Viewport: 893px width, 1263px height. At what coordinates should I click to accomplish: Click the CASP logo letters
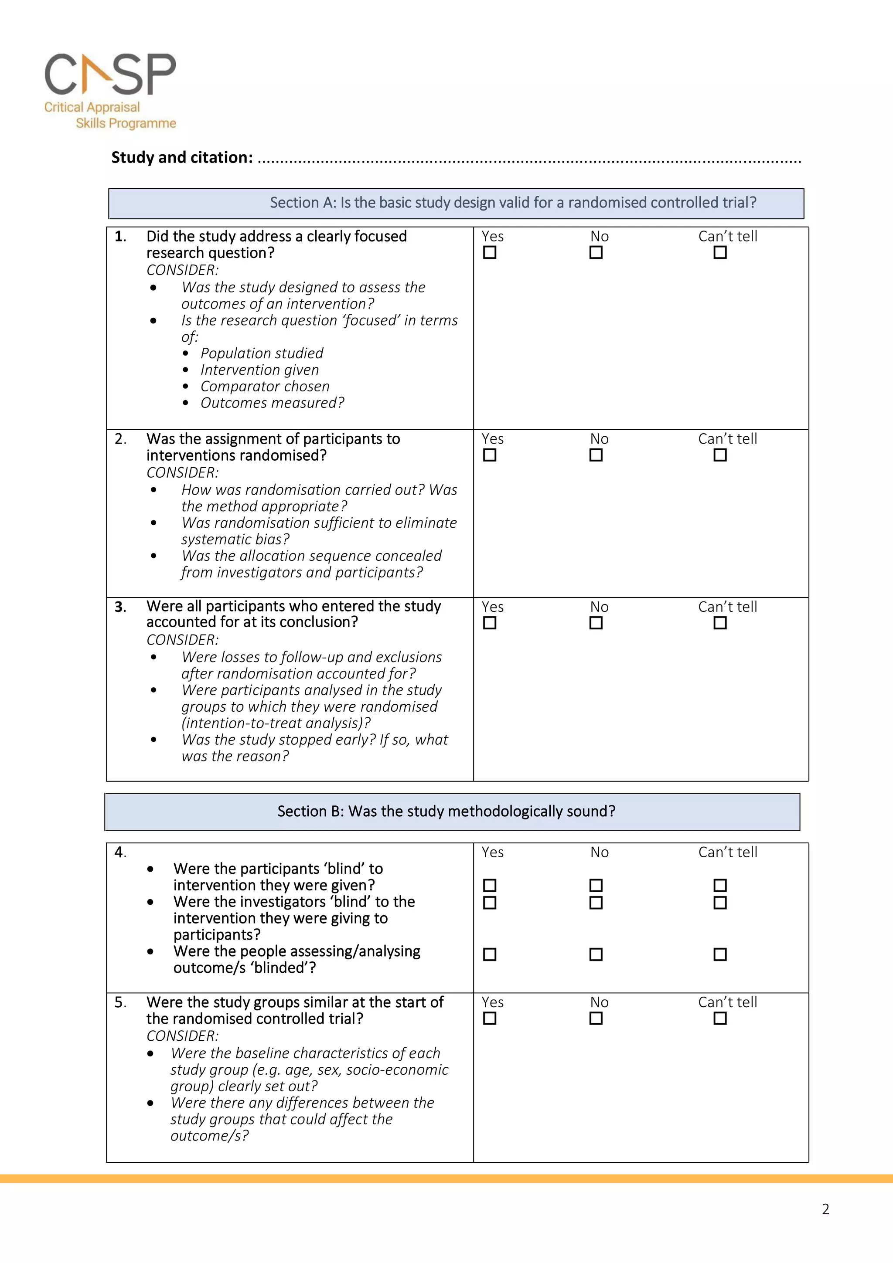(110, 74)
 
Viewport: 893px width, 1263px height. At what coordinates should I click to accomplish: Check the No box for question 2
(596, 455)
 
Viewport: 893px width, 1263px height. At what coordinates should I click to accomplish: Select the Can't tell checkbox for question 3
(720, 623)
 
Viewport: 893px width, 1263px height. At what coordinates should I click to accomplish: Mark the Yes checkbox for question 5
(490, 1018)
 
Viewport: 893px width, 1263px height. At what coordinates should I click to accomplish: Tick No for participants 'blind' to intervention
(596, 885)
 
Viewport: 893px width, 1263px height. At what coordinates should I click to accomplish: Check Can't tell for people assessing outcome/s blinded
(720, 954)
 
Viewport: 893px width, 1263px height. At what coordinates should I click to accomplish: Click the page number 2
(825, 1209)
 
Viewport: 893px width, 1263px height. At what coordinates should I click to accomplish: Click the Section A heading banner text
(513, 203)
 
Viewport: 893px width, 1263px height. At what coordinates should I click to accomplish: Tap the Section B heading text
(446, 811)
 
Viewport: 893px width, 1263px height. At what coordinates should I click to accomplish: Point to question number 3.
(120, 607)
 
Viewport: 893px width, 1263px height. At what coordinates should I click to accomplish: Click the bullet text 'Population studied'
(262, 353)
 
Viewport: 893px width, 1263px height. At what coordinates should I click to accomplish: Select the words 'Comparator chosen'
(265, 386)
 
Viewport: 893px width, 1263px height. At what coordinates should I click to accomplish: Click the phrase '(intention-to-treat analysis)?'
(276, 723)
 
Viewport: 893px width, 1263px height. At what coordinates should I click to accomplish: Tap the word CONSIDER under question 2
(182, 472)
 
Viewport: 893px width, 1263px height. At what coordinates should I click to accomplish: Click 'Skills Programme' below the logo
(126, 123)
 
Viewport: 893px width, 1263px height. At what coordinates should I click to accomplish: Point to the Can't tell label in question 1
(727, 237)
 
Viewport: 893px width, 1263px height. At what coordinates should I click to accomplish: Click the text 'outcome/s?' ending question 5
(210, 1135)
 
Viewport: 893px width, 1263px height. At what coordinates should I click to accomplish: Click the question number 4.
(120, 852)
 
